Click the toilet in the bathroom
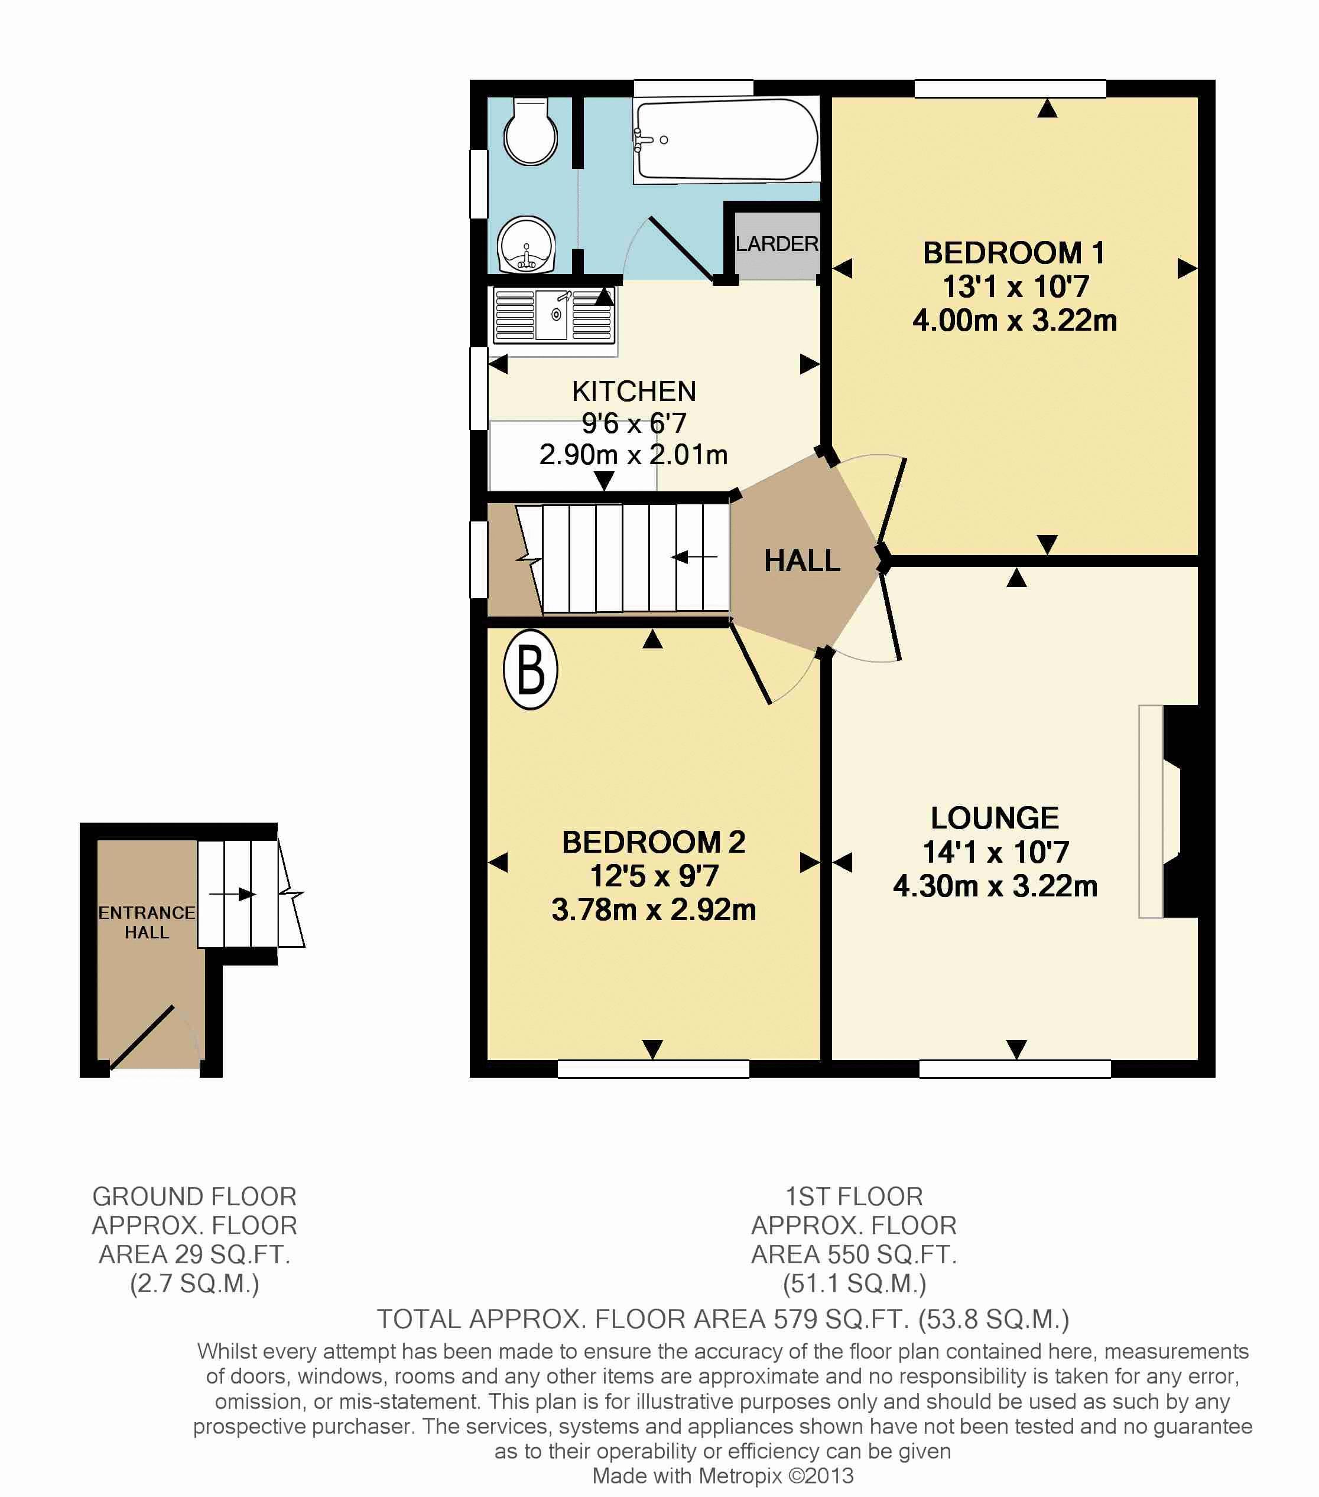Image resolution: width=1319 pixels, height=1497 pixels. pos(531,131)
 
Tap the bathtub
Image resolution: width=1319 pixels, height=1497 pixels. pos(726,140)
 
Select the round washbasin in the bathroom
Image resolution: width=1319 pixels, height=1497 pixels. pos(526,244)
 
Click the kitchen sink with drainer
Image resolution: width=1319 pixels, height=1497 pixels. pos(554,316)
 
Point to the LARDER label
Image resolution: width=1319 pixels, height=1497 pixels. pos(777,244)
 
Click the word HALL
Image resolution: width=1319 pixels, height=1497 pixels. pos(803,561)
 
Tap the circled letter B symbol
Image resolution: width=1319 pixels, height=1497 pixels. pos(531,670)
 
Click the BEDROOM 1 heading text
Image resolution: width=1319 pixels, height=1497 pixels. pos(1014,253)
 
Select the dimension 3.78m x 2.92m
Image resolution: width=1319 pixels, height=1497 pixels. pos(654,909)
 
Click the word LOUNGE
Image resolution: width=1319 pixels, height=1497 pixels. pos(995,817)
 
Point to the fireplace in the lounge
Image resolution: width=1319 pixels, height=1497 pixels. pos(1169,811)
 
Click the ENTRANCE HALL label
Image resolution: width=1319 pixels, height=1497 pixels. pos(147,922)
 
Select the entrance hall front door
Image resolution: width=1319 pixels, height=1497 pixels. pos(141,1037)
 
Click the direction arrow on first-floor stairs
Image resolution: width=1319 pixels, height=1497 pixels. pos(695,557)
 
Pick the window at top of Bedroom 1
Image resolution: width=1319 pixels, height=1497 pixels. pos(1010,89)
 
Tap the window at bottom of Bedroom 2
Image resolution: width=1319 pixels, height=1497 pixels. pos(653,1068)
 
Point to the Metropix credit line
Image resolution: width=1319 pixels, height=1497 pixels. pos(723,1476)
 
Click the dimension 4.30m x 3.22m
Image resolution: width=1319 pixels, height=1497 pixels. pos(995,886)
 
